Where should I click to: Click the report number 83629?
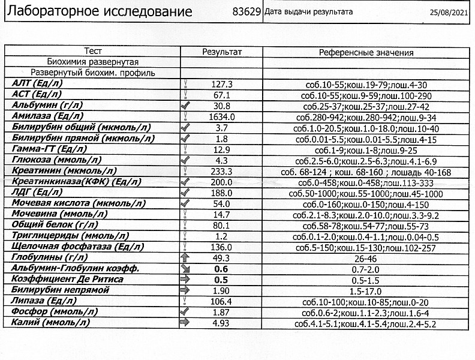coord(246,12)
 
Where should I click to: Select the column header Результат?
coord(222,52)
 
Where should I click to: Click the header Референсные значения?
coord(366,53)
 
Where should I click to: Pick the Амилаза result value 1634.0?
coord(222,117)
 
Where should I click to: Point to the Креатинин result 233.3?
coord(222,172)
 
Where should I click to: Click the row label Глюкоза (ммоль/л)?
coord(57,160)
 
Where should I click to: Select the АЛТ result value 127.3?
coord(222,85)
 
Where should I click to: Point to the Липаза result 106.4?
coord(222,301)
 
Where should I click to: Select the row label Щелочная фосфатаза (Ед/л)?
coord(78,247)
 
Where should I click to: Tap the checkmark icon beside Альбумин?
coord(185,106)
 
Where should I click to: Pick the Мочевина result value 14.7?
coord(222,214)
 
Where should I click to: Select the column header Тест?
coord(94,52)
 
